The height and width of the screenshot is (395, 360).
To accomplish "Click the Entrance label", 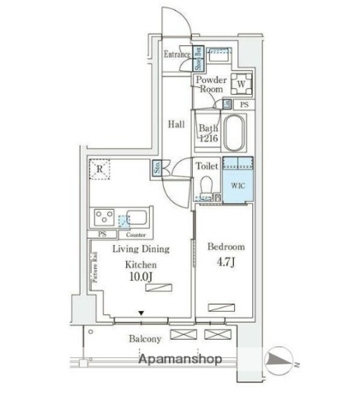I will (177, 55).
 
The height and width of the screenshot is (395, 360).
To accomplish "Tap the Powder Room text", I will (210, 85).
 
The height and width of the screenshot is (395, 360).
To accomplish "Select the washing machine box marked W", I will (241, 83).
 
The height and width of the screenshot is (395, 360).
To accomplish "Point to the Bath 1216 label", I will (208, 133).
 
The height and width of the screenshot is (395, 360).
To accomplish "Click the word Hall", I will (176, 124).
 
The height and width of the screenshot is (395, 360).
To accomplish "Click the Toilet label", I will (207, 165).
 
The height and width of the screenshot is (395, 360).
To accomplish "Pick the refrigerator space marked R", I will (100, 170).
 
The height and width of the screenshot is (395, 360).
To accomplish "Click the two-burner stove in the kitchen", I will (105, 218).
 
